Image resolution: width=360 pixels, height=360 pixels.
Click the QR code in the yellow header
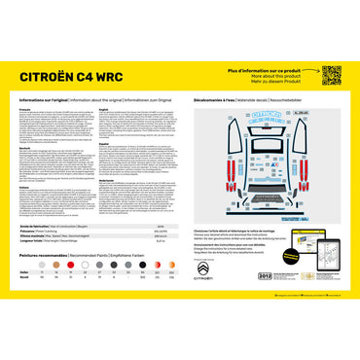pyautogui.click(x=331, y=76)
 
